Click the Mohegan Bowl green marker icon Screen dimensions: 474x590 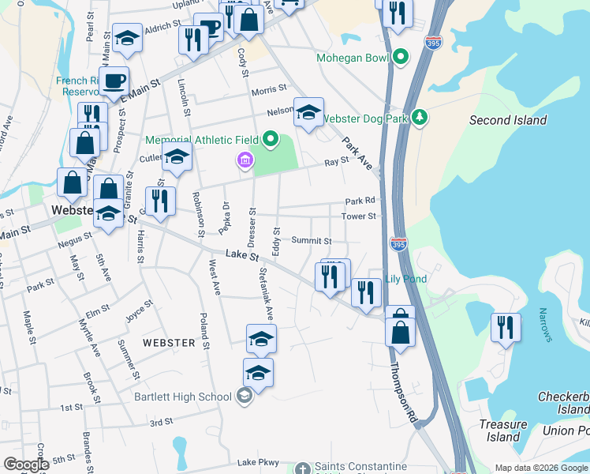pyautogui.click(x=401, y=57)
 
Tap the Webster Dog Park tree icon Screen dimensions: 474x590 pyautogui.click(x=420, y=118)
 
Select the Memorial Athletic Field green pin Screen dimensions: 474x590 pyautogui.click(x=271, y=140)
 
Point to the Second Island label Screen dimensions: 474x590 pyautogui.click(x=507, y=120)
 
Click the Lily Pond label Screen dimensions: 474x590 pyautogui.click(x=405, y=279)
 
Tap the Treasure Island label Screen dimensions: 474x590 pyautogui.click(x=502, y=431)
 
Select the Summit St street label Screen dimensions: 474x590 pyautogui.click(x=311, y=240)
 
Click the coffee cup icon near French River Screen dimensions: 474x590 pyautogui.click(x=115, y=81)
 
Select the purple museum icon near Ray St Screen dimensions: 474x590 pyautogui.click(x=245, y=162)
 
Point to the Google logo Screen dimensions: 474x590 pyautogui.click(x=26, y=465)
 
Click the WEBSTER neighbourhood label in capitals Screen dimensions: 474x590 pyautogui.click(x=169, y=343)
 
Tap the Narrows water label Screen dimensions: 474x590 pyautogui.click(x=547, y=325)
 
